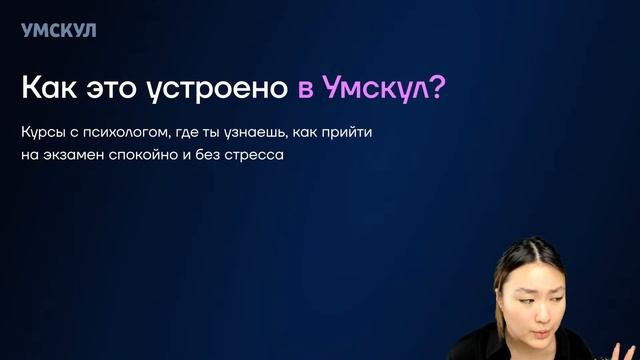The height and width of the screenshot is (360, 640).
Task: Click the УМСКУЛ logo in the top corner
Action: click(x=58, y=30)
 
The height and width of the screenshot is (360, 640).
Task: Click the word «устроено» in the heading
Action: click(x=220, y=89)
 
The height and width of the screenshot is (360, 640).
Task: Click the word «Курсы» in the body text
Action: click(x=41, y=134)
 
